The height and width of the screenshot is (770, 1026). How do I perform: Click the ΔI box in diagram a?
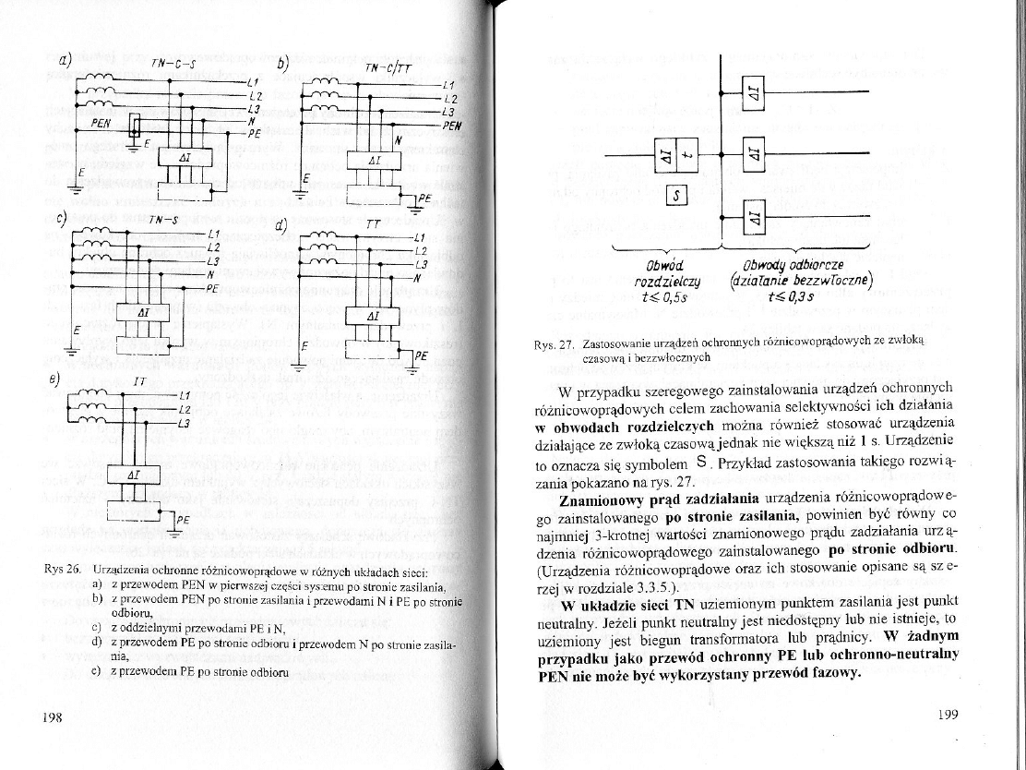(185, 159)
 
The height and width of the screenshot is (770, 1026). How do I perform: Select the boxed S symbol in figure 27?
(677, 195)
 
